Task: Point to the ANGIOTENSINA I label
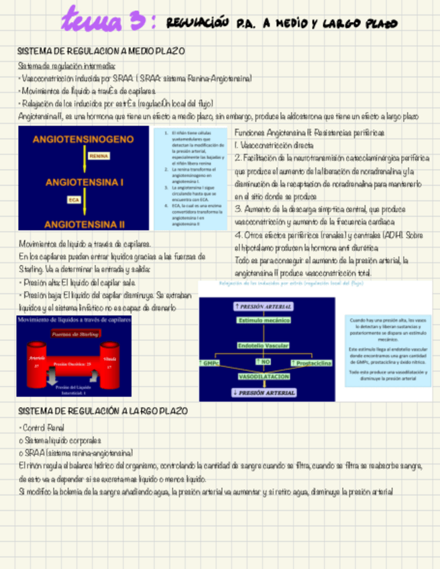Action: (x=84, y=182)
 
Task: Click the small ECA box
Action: (x=73, y=199)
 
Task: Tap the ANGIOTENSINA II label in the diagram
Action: (x=84, y=223)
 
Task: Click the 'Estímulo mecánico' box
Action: (x=264, y=320)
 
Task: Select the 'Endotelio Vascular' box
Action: (x=264, y=345)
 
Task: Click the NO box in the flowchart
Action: (x=264, y=362)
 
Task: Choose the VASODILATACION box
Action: (x=264, y=377)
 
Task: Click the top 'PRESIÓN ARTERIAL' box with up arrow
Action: (x=264, y=306)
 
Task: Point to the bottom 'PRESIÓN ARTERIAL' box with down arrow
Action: (x=264, y=393)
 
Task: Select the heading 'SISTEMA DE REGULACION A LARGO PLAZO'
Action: (x=103, y=411)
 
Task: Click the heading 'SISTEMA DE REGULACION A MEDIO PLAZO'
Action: (x=101, y=51)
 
